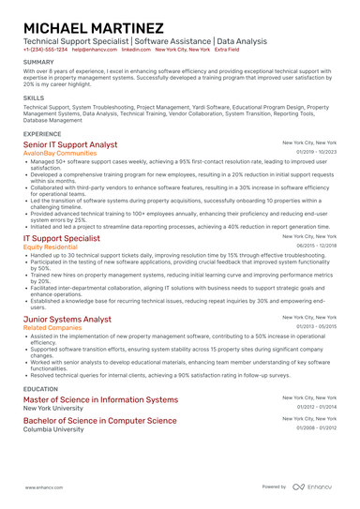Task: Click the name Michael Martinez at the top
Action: pyautogui.click(x=93, y=28)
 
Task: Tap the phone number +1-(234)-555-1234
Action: pyautogui.click(x=45, y=50)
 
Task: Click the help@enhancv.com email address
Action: pyautogui.click(x=92, y=50)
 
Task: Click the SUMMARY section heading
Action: pyautogui.click(x=39, y=63)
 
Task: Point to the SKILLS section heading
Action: pyautogui.click(x=34, y=97)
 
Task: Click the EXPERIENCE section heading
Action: pyautogui.click(x=43, y=134)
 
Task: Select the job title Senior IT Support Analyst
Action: pyautogui.click(x=70, y=145)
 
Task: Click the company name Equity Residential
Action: pyautogui.click(x=53, y=247)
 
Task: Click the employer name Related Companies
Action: pyautogui.click(x=53, y=328)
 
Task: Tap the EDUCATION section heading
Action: pyautogui.click(x=40, y=388)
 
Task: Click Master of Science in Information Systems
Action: pyautogui.click(x=99, y=399)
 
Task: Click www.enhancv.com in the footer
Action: pyautogui.click(x=44, y=487)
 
